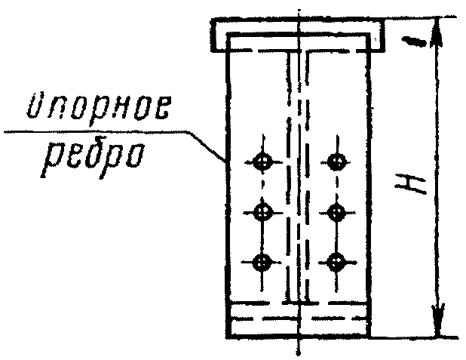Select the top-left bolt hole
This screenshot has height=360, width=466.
262,161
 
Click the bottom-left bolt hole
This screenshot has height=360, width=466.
262,263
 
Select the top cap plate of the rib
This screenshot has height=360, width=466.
299,36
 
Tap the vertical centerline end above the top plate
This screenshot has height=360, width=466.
300,11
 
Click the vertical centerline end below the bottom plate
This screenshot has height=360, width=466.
300,349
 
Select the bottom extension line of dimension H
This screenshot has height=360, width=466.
415,337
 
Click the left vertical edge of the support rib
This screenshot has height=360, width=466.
227,226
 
